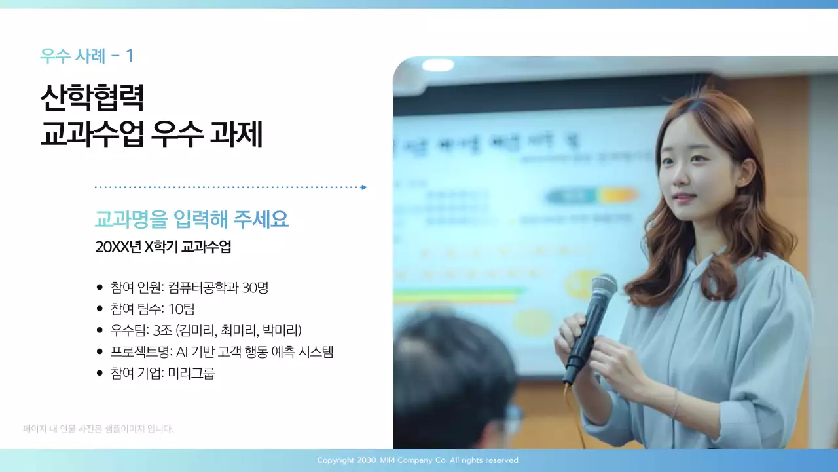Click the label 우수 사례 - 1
pyautogui.click(x=86, y=56)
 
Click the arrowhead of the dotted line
pyautogui.click(x=364, y=187)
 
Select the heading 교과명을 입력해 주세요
pyautogui.click(x=192, y=220)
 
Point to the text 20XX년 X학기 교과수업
pyautogui.click(x=163, y=248)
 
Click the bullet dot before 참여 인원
pyautogui.click(x=100, y=287)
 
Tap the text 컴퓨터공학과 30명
pyautogui.click(x=218, y=287)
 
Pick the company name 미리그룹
pyautogui.click(x=191, y=374)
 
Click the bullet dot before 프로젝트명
pyautogui.click(x=100, y=352)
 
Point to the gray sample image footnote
pyautogui.click(x=98, y=429)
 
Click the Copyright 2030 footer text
pyautogui.click(x=419, y=460)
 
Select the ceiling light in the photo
pyautogui.click(x=437, y=65)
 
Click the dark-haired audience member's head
pyautogui.click(x=452, y=367)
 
